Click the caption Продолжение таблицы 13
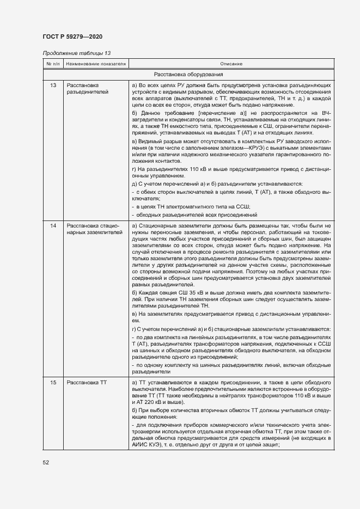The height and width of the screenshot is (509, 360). pos(76,53)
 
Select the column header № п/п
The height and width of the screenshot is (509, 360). pos(53,64)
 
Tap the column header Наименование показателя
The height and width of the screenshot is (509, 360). pos(96,64)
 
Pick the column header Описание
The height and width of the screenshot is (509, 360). pos(231,64)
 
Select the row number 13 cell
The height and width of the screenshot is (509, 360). pos(53,85)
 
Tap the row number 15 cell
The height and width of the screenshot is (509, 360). pos(53,383)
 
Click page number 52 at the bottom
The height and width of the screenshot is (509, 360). pos(46,462)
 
